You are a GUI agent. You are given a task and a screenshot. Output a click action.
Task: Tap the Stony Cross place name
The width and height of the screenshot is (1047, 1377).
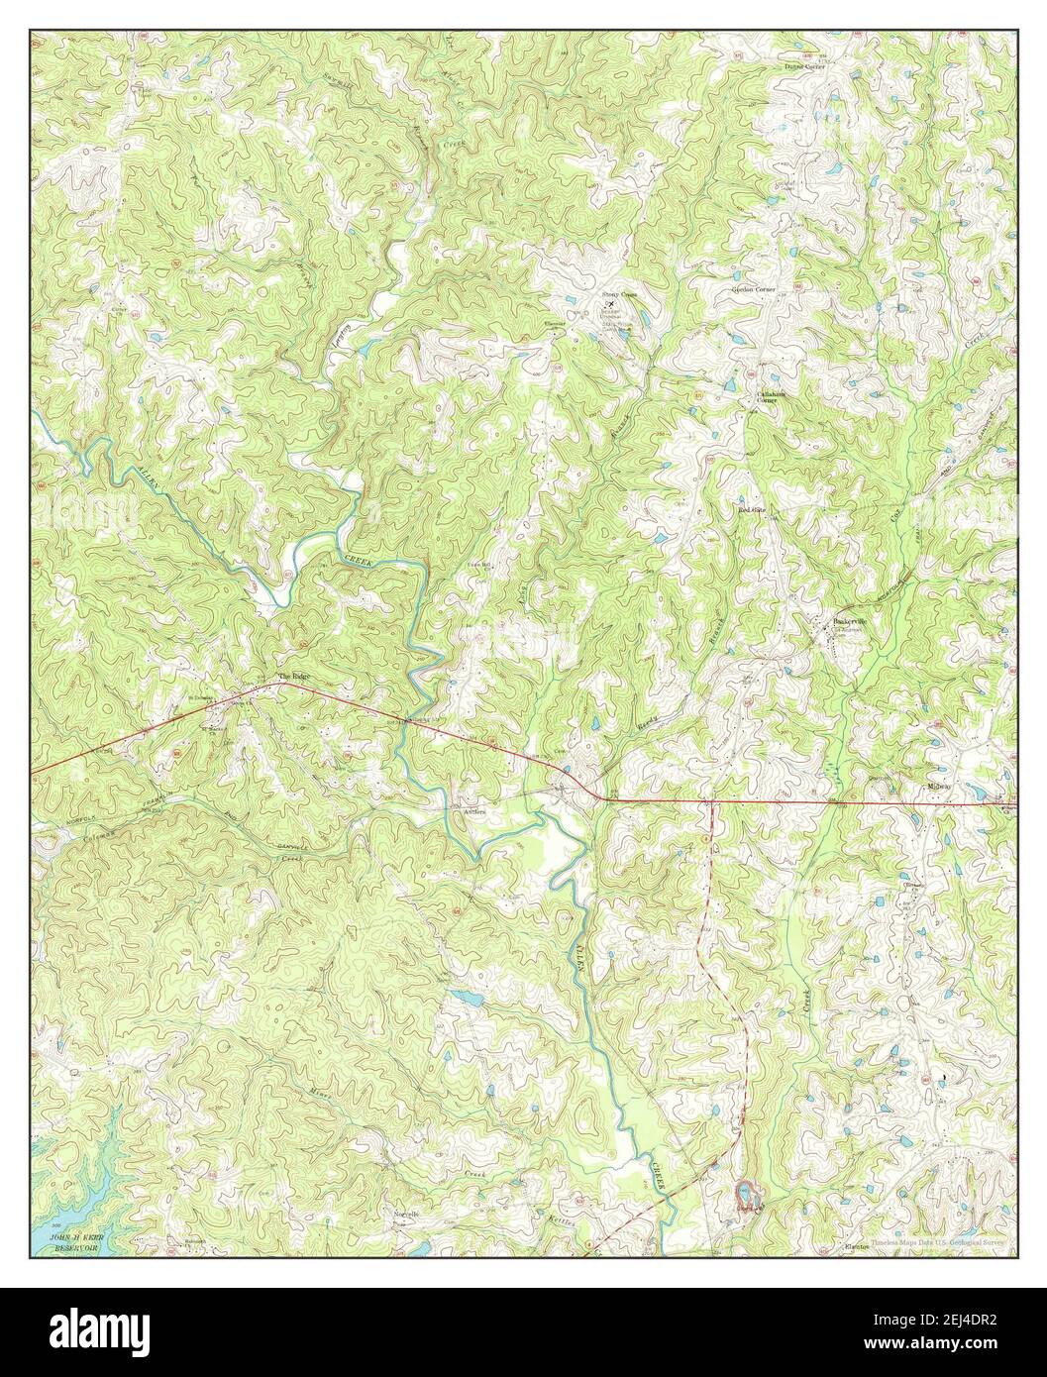click(617, 294)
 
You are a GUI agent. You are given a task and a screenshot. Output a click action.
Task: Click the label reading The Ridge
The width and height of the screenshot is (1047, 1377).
click(293, 676)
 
